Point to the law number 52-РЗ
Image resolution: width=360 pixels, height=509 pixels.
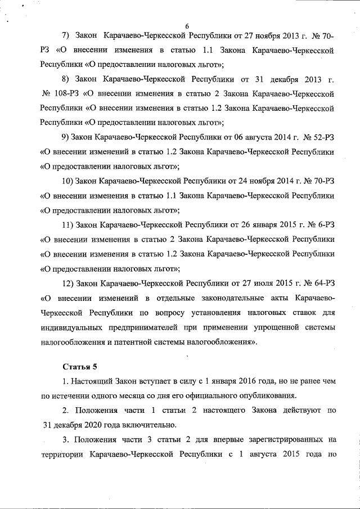click(325, 137)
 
